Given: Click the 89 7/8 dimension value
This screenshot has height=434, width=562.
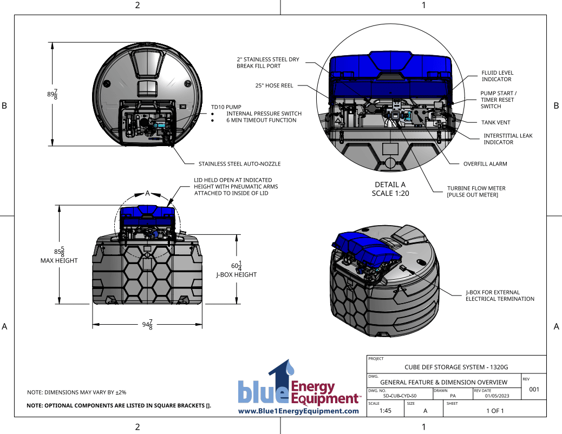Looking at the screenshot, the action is tap(53, 94).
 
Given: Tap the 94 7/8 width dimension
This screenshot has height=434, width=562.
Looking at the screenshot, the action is tap(147, 325).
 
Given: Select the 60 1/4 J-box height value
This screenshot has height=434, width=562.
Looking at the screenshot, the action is tap(237, 266).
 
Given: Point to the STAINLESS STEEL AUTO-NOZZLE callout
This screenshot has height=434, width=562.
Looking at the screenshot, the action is tap(240, 164).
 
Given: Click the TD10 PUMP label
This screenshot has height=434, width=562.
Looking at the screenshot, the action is tap(226, 107).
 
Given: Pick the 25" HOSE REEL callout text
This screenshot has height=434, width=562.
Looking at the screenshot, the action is tap(274, 86).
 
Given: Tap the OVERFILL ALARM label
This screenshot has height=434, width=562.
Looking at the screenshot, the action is tap(485, 164).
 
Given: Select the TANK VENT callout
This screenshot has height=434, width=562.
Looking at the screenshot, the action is tap(496, 122).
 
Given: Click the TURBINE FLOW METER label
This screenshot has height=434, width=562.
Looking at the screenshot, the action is tap(476, 188).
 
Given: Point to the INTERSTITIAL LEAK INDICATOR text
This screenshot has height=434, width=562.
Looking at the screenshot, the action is tap(508, 139).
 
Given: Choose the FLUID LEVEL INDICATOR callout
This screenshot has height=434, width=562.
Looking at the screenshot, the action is tap(497, 76).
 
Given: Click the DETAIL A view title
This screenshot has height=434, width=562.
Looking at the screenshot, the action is tap(390, 185).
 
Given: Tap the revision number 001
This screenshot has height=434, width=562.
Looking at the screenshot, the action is tap(534, 389).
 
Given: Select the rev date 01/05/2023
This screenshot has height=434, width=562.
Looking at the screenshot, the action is tap(497, 396).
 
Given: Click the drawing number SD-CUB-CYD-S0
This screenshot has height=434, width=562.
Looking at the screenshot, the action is tap(400, 396).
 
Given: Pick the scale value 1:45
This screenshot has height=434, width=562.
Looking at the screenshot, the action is tap(385, 411).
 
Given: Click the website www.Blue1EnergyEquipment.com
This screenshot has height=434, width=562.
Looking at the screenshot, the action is tap(298, 411).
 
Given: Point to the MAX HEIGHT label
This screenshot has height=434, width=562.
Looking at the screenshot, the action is tap(59, 260).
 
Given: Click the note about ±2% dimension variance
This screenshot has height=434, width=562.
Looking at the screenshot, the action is tap(77, 392).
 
